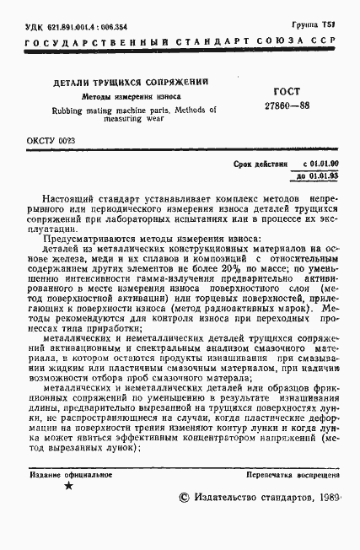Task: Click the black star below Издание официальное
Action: pyautogui.click(x=69, y=486)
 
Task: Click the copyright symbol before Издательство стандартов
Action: pyautogui.click(x=185, y=499)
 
